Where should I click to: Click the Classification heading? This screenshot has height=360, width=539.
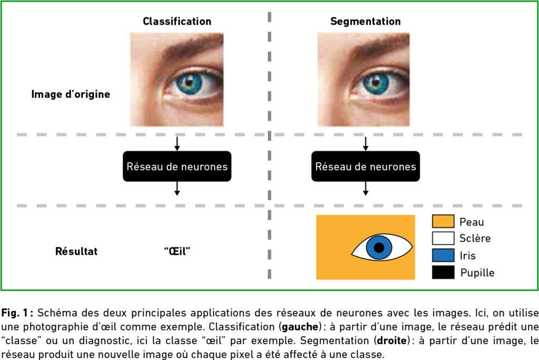pyautogui.click(x=177, y=22)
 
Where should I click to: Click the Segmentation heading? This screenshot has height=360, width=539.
pyautogui.click(x=365, y=22)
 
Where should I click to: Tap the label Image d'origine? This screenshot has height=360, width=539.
pyautogui.click(x=71, y=95)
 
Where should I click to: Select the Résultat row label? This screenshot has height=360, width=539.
pyautogui.click(x=76, y=252)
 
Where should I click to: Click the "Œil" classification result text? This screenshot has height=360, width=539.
pyautogui.click(x=177, y=252)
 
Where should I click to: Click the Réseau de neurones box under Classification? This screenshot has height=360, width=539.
pyautogui.click(x=177, y=167)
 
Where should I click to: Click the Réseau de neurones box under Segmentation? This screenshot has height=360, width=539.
pyautogui.click(x=365, y=167)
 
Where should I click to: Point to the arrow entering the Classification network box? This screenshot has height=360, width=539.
pyautogui.click(x=177, y=144)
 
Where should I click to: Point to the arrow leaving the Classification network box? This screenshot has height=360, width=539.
pyautogui.click(x=177, y=188)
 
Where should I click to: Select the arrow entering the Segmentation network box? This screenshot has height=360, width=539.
pyautogui.click(x=365, y=144)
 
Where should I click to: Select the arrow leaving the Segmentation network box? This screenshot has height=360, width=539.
pyautogui.click(x=365, y=188)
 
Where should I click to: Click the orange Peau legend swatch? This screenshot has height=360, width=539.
pyautogui.click(x=443, y=222)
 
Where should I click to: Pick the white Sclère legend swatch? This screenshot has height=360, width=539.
pyautogui.click(x=443, y=238)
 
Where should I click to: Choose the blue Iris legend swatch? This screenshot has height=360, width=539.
pyautogui.click(x=443, y=255)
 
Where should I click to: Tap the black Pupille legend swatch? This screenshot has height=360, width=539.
pyautogui.click(x=443, y=272)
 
